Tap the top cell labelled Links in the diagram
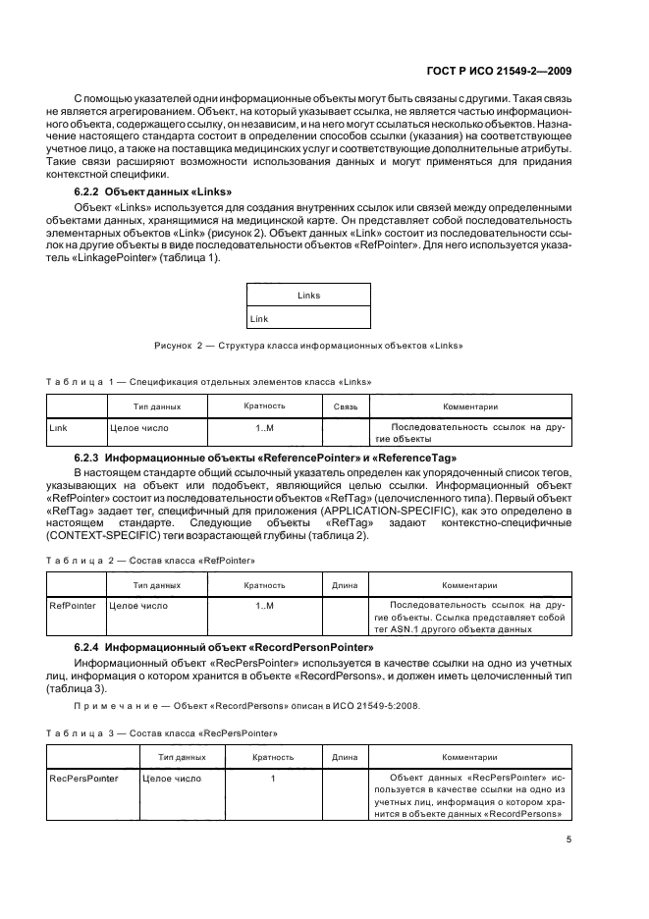click(308, 295)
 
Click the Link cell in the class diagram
click(259, 319)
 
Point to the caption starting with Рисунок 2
click(308, 346)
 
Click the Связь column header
click(345, 405)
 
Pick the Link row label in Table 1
click(58, 428)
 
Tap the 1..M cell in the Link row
click(264, 428)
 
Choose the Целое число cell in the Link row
click(138, 428)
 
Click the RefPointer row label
click(73, 606)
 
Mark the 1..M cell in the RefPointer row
click(264, 606)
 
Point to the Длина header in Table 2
click(345, 584)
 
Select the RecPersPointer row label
click(83, 779)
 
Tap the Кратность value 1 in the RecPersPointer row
click(272, 779)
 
